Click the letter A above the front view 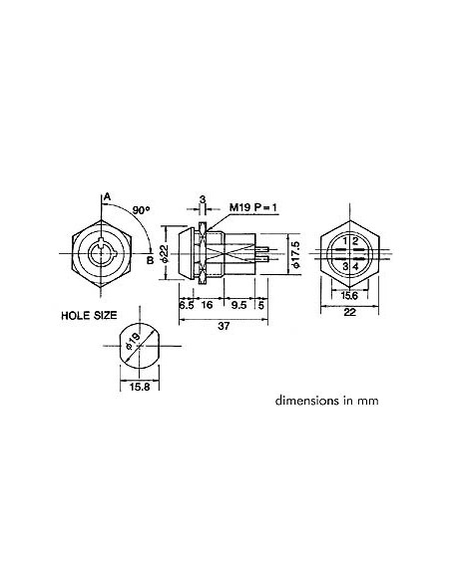[x=105, y=197]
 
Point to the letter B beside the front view [x=149, y=261]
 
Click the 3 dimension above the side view [x=203, y=200]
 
